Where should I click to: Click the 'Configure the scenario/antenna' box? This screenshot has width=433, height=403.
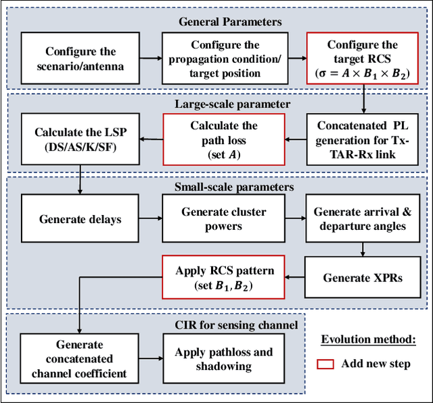pyautogui.click(x=81, y=60)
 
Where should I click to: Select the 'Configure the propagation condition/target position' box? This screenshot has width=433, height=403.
pyautogui.click(x=223, y=60)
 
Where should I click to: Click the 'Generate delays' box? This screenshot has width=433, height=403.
pyautogui.click(x=81, y=219)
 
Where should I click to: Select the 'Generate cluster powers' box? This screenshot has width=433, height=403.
pyautogui.click(x=223, y=219)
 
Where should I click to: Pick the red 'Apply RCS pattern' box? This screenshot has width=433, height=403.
pyautogui.click(x=223, y=277)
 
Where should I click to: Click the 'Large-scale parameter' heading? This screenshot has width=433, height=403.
pyautogui.click(x=223, y=103)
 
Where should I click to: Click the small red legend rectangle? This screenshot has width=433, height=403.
pyautogui.click(x=326, y=364)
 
